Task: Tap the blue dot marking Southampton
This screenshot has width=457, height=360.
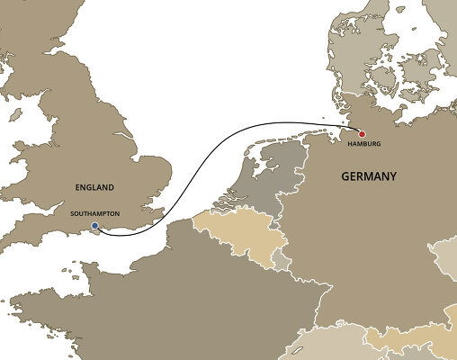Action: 95,226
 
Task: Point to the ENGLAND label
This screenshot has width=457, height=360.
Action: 95,187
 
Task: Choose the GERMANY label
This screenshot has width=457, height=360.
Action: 369,177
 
